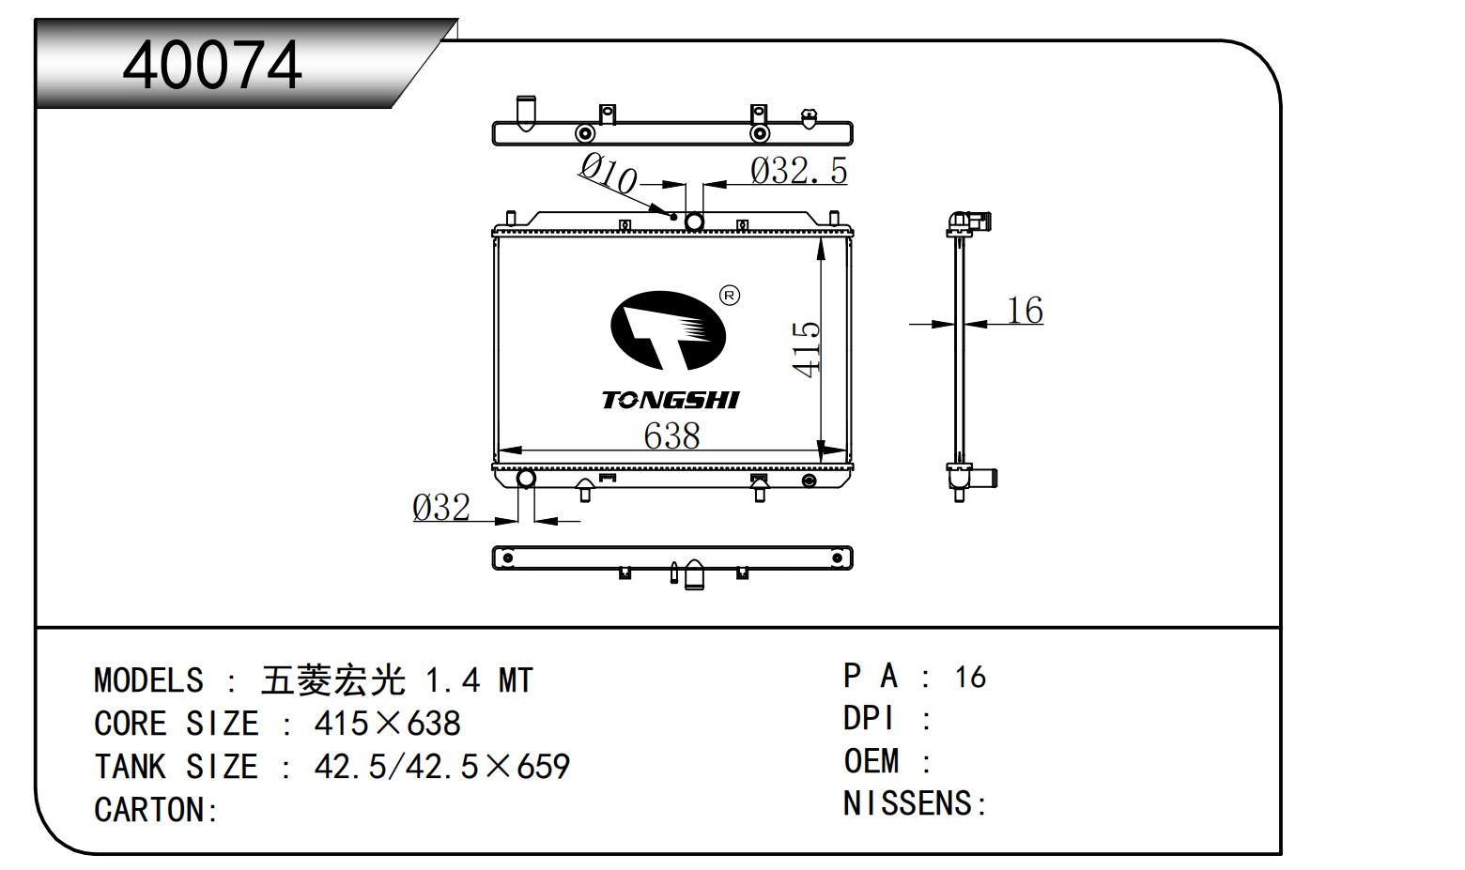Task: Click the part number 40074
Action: tap(212, 66)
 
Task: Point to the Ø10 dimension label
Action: tap(608, 174)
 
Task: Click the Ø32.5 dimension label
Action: tap(798, 171)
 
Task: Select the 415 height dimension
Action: tap(807, 349)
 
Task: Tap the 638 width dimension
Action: tap(671, 435)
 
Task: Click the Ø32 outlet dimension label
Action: tap(441, 508)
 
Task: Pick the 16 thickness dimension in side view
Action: tap(1025, 310)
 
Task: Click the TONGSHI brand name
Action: tap(671, 401)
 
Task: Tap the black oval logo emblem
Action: tap(668, 329)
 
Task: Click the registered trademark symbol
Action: tap(729, 296)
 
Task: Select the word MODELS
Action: tap(148, 680)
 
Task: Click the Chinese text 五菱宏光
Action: tap(333, 680)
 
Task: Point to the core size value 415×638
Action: tap(387, 724)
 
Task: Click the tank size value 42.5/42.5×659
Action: tap(441, 767)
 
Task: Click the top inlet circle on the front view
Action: tap(694, 221)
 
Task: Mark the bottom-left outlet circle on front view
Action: tap(526, 480)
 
